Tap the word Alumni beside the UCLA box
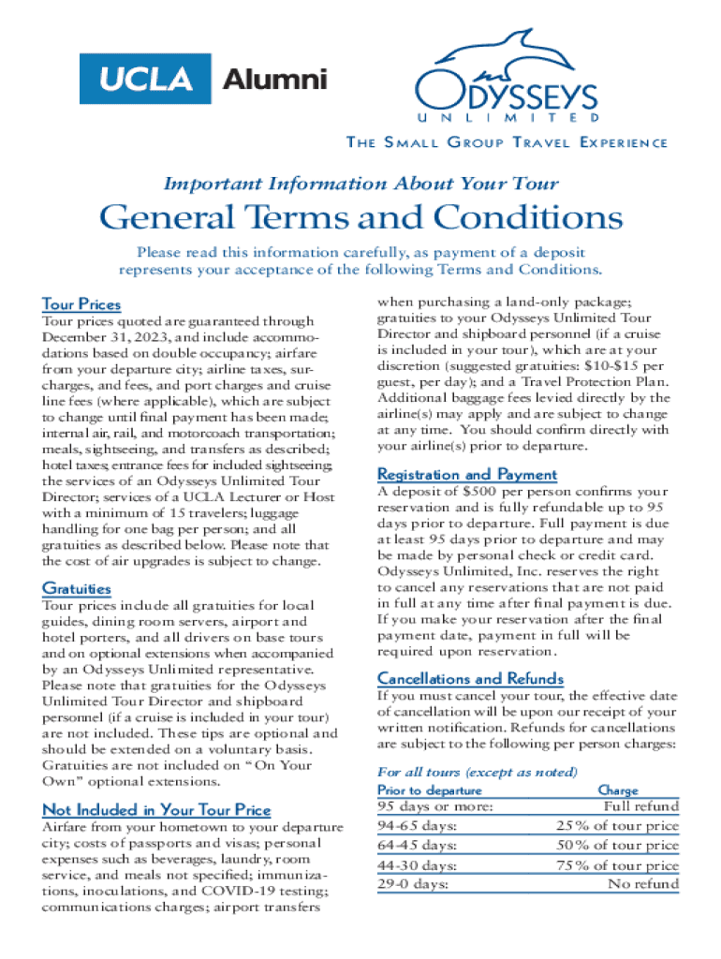pos(274,80)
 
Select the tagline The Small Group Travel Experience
pos(507,142)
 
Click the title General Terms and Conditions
pos(360,218)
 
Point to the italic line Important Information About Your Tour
pos(360,183)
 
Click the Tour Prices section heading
pos(81,304)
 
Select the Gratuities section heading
pos(77,588)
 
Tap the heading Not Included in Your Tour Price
pos(156,810)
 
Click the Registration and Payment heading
pos(466,475)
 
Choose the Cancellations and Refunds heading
pos(470,678)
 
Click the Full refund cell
pos(641,806)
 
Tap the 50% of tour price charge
pos(617,846)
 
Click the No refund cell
pos(643,883)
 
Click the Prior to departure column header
pos(429,791)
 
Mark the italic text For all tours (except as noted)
pos(477,773)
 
